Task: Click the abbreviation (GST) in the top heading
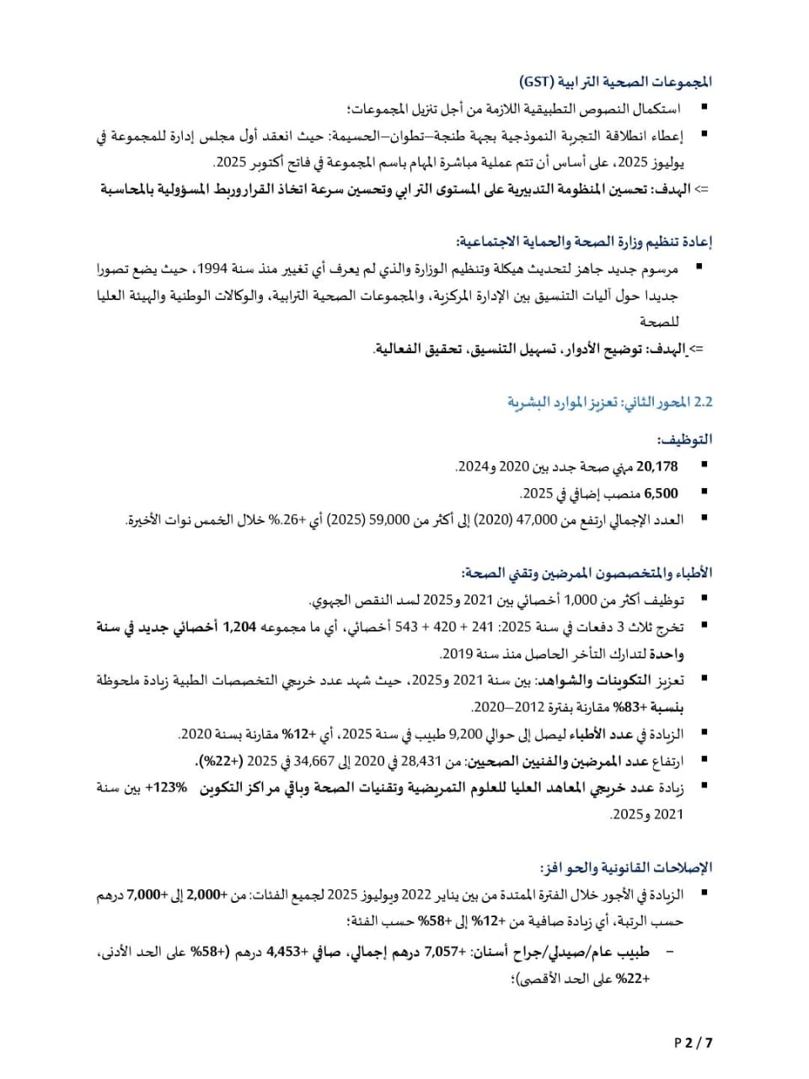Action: click(x=537, y=82)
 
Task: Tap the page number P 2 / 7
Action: click(x=694, y=1042)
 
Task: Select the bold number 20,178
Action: click(x=657, y=466)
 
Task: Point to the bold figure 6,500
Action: click(x=661, y=493)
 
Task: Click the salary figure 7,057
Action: click(x=442, y=952)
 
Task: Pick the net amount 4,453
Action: click(x=284, y=952)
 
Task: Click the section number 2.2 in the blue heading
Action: click(x=703, y=402)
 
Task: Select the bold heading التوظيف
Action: click(x=684, y=439)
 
